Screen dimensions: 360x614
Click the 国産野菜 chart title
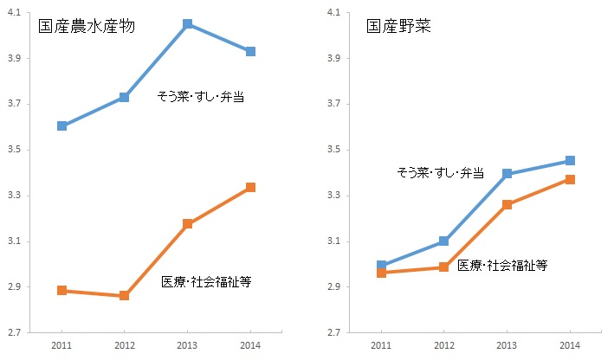pyautogui.click(x=398, y=26)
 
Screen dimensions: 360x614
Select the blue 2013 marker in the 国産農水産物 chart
pyautogui.click(x=188, y=24)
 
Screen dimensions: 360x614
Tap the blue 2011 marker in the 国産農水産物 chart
pyautogui.click(x=61, y=125)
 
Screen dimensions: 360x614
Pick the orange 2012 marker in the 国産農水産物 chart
pyautogui.click(x=125, y=296)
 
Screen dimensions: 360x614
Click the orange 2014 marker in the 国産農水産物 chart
pyautogui.click(x=250, y=187)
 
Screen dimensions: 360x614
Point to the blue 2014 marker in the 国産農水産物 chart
pyautogui.click(x=250, y=52)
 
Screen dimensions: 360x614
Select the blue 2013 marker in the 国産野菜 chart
pyautogui.click(x=507, y=174)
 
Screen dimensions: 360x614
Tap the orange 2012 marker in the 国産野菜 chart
pyautogui.click(x=443, y=267)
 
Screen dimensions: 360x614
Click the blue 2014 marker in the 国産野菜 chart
pyautogui.click(x=570, y=160)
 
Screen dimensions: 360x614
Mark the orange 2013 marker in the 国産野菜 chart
pyautogui.click(x=507, y=204)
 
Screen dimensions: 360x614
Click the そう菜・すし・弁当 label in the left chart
pyautogui.click(x=200, y=97)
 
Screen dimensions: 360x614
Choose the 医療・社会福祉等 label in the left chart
pyautogui.click(x=206, y=282)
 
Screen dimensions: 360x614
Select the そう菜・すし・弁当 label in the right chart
pyautogui.click(x=439, y=172)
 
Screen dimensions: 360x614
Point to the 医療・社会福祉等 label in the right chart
pyautogui.click(x=502, y=265)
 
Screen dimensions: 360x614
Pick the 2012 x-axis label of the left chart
pyautogui.click(x=125, y=346)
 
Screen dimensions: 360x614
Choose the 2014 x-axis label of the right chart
pyautogui.click(x=570, y=346)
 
